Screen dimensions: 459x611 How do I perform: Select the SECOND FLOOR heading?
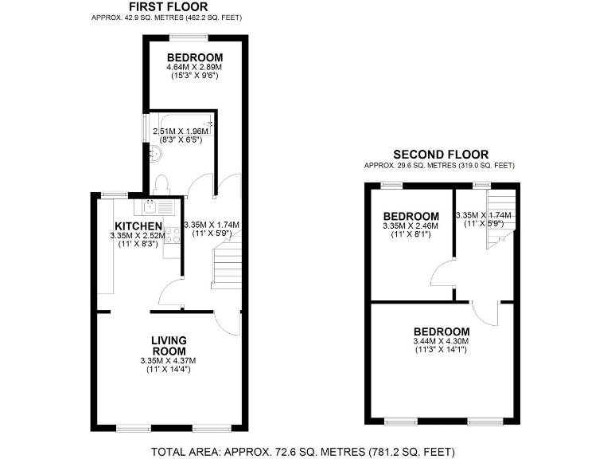(441, 155)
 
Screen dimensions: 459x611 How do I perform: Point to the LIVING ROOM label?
(169, 346)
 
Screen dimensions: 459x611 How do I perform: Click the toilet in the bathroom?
(162, 184)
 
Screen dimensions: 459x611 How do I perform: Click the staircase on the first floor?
(226, 266)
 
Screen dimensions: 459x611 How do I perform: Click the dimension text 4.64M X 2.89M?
(194, 68)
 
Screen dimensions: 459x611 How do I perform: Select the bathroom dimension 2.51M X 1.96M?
(179, 131)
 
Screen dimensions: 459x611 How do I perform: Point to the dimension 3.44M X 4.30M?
(441, 341)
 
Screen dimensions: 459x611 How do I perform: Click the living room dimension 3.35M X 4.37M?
(169, 361)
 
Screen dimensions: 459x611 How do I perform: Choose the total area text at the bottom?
(302, 451)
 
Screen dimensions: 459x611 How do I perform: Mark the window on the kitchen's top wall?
(115, 194)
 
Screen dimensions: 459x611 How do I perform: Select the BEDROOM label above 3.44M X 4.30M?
(441, 331)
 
